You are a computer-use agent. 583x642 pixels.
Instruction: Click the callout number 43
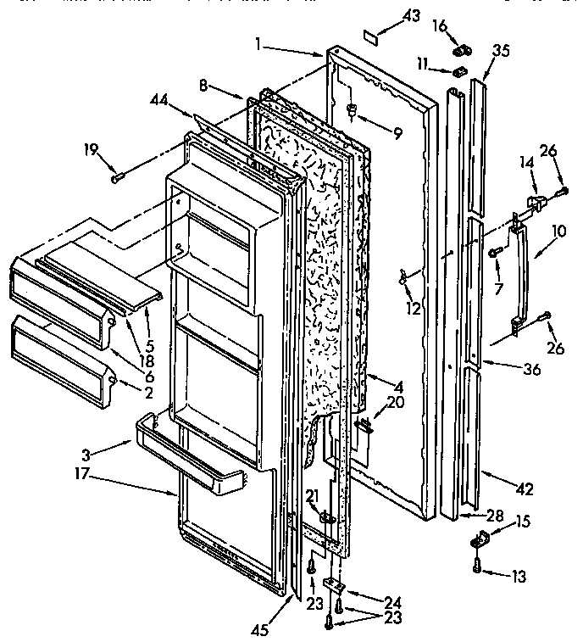pyautogui.click(x=387, y=16)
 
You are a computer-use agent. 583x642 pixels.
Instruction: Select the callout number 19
pyautogui.click(x=90, y=152)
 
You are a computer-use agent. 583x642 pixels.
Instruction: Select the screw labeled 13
pyautogui.click(x=479, y=568)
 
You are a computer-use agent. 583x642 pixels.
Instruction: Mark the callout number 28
pyautogui.click(x=493, y=515)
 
